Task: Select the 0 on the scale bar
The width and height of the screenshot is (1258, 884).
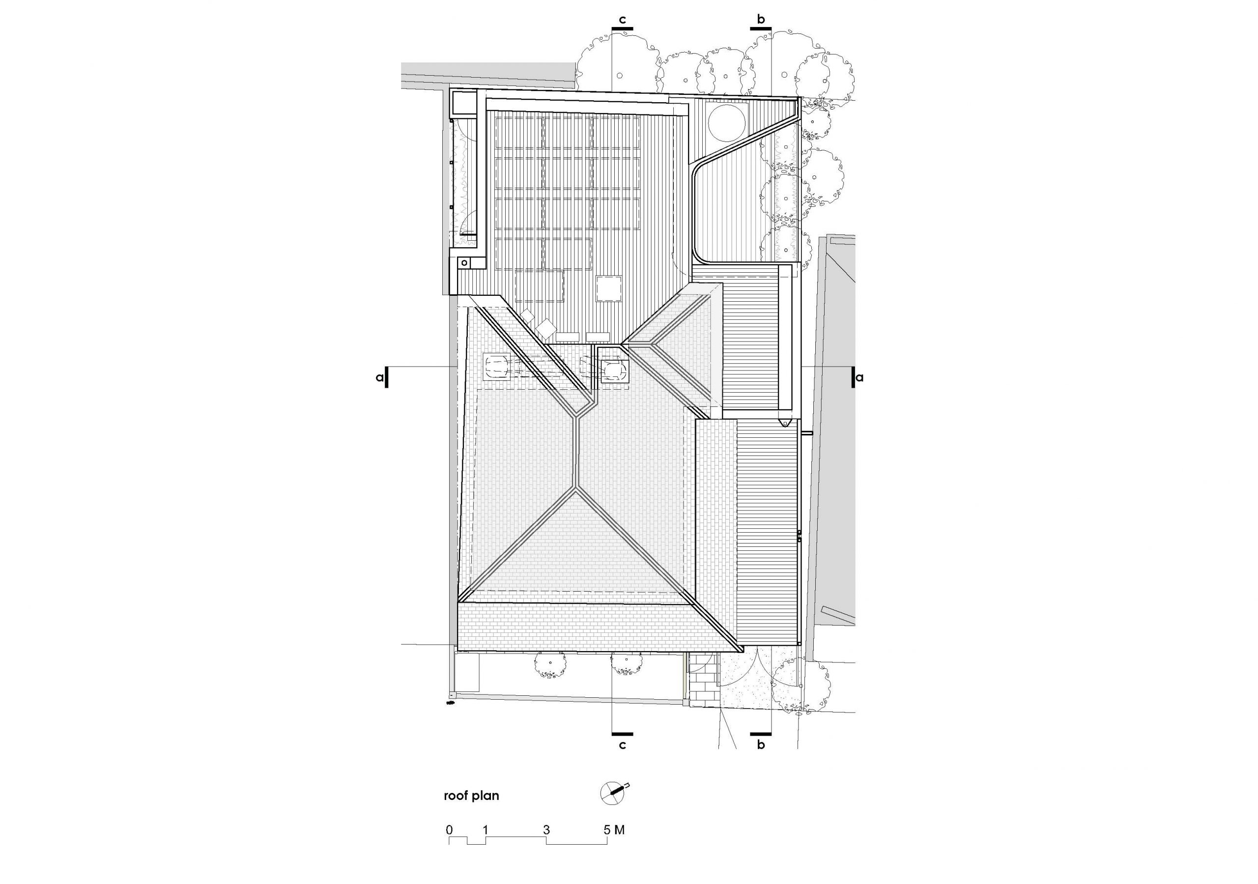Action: tap(449, 830)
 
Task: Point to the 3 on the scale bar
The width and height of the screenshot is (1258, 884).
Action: tap(546, 830)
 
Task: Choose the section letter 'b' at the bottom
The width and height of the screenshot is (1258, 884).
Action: tap(761, 745)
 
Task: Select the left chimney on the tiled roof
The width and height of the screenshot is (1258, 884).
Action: tap(114, 367)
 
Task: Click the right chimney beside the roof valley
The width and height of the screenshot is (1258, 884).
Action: tap(614, 371)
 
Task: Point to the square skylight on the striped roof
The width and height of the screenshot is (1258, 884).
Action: tap(609, 288)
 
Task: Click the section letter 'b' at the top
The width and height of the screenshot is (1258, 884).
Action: tap(761, 20)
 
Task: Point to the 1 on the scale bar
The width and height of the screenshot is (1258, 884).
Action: tap(485, 830)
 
